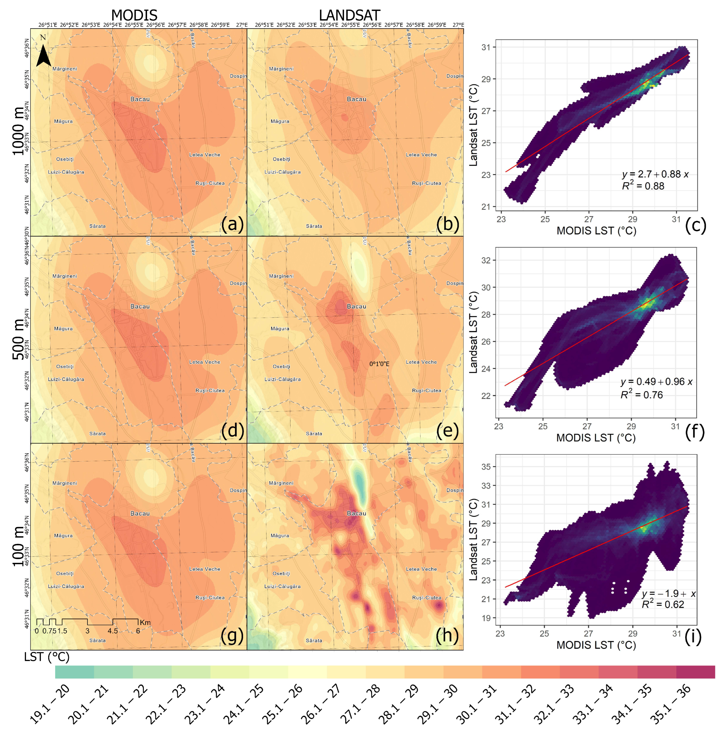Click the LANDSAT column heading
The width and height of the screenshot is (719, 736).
pos(349,15)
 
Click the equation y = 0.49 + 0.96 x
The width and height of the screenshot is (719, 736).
pos(656,382)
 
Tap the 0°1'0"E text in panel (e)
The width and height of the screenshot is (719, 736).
pos(379,364)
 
